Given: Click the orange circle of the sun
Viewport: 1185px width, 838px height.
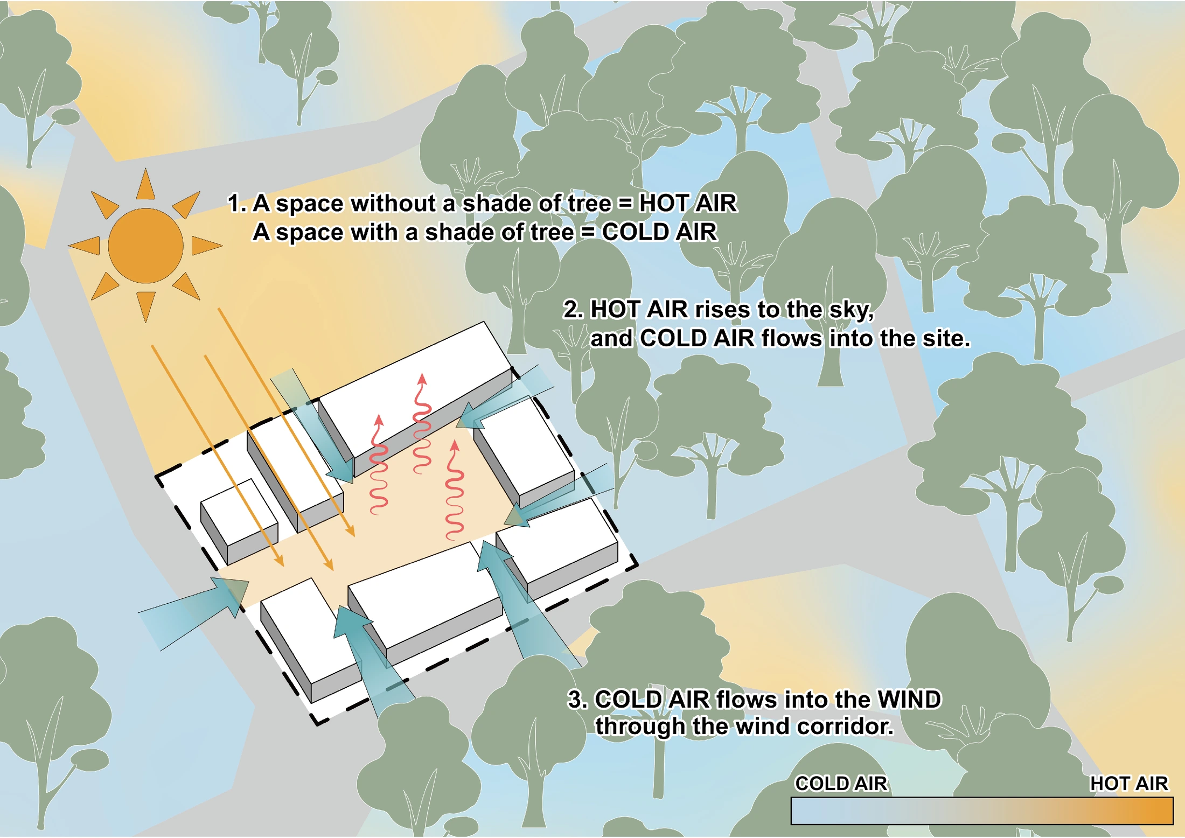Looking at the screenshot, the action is [x=145, y=246].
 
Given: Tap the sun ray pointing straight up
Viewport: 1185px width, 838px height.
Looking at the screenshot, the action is [x=145, y=185].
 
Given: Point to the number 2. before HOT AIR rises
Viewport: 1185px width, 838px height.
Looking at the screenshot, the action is [x=574, y=310].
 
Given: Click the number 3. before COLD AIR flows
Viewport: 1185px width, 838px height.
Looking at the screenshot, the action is [x=578, y=700].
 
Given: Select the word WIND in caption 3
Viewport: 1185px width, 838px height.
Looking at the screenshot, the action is [x=909, y=700].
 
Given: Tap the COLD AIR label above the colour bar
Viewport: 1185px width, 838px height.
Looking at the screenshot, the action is [x=841, y=784].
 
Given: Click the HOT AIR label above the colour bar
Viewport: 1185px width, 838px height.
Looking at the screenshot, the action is [x=1129, y=784].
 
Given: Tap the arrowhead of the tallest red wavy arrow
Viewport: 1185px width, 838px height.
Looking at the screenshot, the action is [x=422, y=379].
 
